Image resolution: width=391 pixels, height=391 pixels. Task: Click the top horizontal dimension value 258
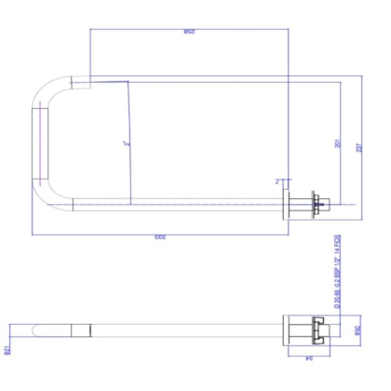[x=189, y=34]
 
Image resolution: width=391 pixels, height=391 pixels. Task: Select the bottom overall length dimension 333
[x=159, y=239]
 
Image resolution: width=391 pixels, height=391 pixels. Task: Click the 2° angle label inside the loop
[x=124, y=144]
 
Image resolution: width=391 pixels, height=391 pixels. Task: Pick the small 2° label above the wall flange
[x=277, y=181]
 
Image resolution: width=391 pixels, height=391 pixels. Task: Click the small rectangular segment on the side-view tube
[x=81, y=330]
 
